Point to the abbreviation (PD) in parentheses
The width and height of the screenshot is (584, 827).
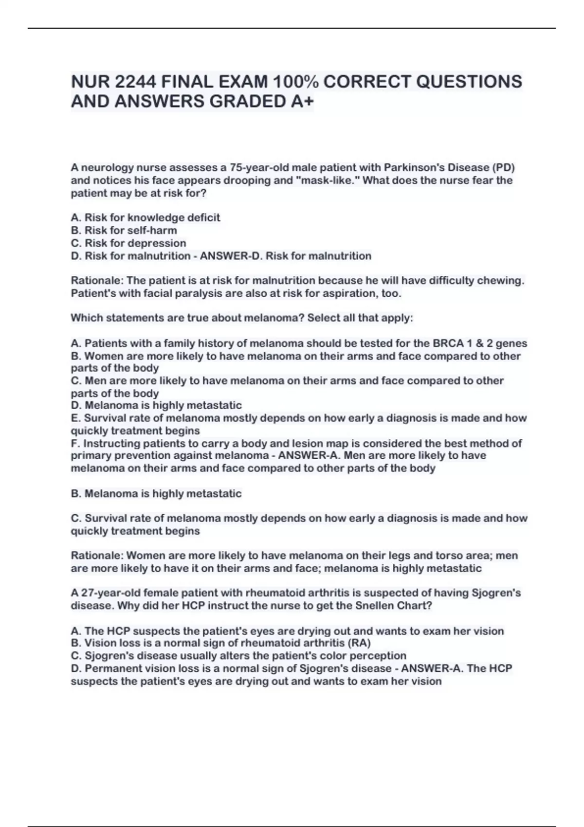point(504,168)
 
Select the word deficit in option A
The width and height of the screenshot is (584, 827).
point(204,218)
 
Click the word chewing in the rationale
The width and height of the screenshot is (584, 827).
point(504,281)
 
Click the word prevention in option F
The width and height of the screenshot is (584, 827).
point(136,456)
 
